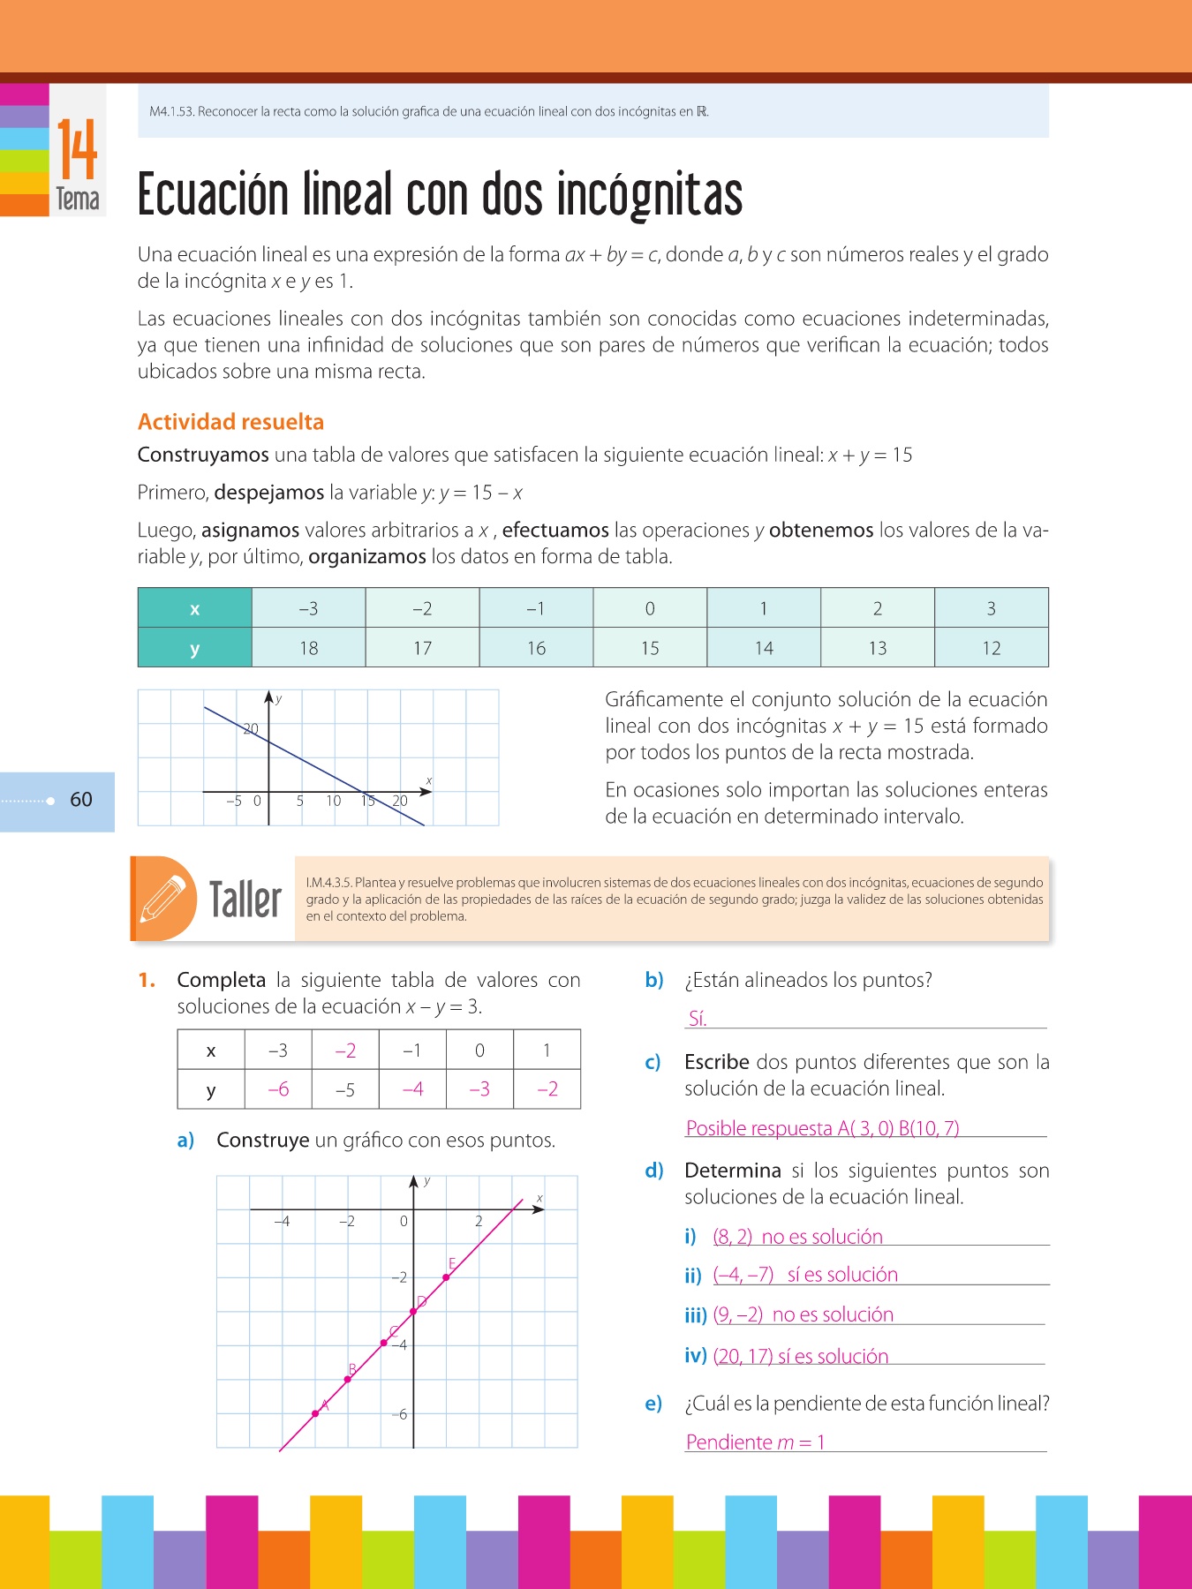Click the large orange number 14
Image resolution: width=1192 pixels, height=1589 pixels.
pos(78,150)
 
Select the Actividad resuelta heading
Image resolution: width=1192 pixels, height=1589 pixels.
pos(230,422)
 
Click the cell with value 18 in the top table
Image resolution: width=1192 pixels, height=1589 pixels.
pos(308,648)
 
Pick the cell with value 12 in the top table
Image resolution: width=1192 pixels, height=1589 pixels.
pos(991,648)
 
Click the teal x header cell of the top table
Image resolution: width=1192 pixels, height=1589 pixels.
pos(195,608)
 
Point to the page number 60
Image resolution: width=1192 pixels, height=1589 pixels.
pos(81,800)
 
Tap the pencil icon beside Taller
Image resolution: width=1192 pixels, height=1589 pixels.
pos(163,899)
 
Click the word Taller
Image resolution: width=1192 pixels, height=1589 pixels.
pos(245,900)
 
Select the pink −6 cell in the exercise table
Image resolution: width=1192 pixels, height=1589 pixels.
pos(278,1089)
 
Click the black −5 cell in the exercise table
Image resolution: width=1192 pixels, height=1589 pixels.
pos(345,1089)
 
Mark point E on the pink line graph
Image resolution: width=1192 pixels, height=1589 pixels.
pos(447,1276)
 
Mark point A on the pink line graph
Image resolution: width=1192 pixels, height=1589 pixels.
pos(316,1413)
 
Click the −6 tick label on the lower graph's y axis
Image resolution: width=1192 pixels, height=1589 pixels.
pos(400,1414)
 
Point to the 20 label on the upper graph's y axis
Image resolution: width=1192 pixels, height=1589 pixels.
pos(251,729)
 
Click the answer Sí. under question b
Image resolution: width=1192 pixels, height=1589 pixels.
pos(698,1019)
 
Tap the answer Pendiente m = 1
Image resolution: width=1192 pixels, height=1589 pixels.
pos(755,1442)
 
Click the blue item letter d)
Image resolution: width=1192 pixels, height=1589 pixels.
pos(654,1171)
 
